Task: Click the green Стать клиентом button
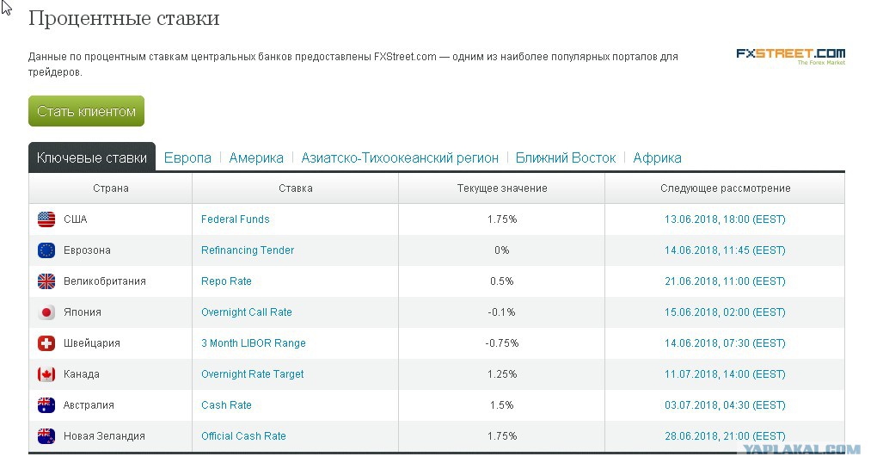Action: pyautogui.click(x=86, y=111)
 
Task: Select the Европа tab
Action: pyautogui.click(x=187, y=157)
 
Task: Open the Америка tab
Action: pyautogui.click(x=256, y=157)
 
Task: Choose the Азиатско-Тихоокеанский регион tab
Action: pyautogui.click(x=400, y=157)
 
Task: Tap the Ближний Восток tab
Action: pyautogui.click(x=566, y=157)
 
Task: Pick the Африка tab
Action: pyautogui.click(x=657, y=157)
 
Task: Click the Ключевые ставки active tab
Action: pyautogui.click(x=92, y=157)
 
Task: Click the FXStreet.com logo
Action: pyautogui.click(x=791, y=56)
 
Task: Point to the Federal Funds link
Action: pyautogui.click(x=236, y=219)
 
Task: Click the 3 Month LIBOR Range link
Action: pyautogui.click(x=254, y=343)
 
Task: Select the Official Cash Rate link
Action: pyautogui.click(x=243, y=436)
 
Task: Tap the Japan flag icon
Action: pyautogui.click(x=46, y=312)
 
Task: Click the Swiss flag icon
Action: pyautogui.click(x=46, y=343)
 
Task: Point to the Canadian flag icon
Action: pyautogui.click(x=46, y=374)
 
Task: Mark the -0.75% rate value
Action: pyautogui.click(x=502, y=343)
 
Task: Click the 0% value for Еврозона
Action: pyautogui.click(x=502, y=250)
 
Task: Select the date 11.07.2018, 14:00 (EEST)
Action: pyautogui.click(x=725, y=374)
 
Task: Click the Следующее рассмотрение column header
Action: pyautogui.click(x=726, y=188)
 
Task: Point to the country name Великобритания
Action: pyautogui.click(x=105, y=281)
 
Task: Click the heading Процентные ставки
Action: pyautogui.click(x=124, y=18)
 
